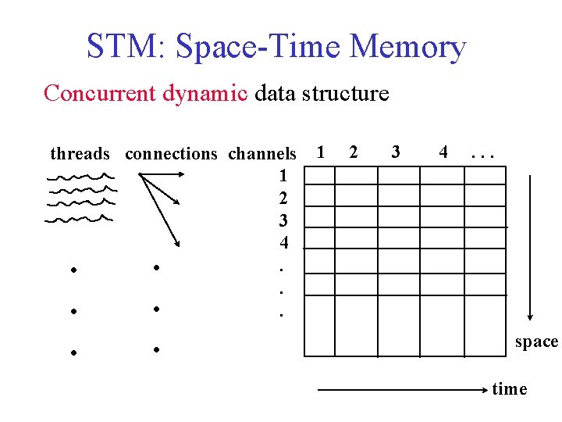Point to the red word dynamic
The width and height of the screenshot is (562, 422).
[205, 95]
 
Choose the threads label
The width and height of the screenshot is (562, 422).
[80, 153]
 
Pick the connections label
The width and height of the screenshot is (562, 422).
[171, 153]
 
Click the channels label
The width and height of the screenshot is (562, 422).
[262, 153]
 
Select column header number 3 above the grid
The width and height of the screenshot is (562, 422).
[396, 151]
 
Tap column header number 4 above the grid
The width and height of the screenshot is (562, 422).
[443, 151]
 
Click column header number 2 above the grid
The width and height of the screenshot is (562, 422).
[354, 151]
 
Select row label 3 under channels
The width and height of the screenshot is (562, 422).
[283, 220]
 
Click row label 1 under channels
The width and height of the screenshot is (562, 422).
[283, 175]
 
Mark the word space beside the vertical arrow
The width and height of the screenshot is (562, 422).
[536, 342]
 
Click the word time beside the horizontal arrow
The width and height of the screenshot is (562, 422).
[510, 389]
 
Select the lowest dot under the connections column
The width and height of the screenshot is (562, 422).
[157, 349]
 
